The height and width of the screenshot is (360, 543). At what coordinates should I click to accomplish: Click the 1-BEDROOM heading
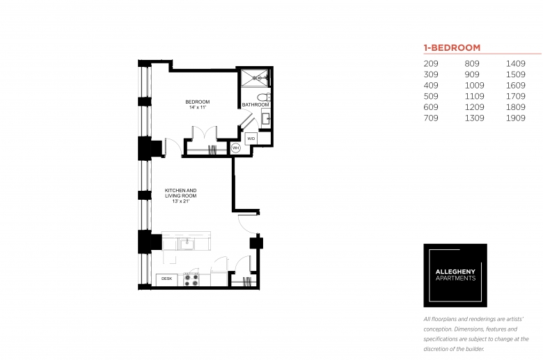pyautogui.click(x=452, y=47)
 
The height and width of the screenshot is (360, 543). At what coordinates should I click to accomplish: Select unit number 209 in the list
pyautogui.click(x=431, y=64)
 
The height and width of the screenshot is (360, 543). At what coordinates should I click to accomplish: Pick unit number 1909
pyautogui.click(x=516, y=118)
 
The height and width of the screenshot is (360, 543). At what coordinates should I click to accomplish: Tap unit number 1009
pyautogui.click(x=475, y=86)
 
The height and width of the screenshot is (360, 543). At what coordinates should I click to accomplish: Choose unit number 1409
pyautogui.click(x=516, y=64)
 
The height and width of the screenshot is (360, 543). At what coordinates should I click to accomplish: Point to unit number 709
pyautogui.click(x=431, y=118)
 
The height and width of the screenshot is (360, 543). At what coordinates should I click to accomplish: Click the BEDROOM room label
pyautogui.click(x=198, y=102)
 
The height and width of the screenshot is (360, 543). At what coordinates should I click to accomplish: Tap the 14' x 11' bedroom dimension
pyautogui.click(x=198, y=107)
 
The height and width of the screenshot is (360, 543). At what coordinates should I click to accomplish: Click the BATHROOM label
pyautogui.click(x=255, y=104)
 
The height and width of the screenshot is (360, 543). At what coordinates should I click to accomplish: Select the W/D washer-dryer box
pyautogui.click(x=251, y=139)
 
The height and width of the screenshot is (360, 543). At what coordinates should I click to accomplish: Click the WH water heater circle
pyautogui.click(x=235, y=148)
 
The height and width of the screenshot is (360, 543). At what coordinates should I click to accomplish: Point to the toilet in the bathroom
pyautogui.click(x=265, y=96)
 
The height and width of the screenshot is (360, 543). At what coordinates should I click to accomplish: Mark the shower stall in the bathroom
pyautogui.click(x=255, y=78)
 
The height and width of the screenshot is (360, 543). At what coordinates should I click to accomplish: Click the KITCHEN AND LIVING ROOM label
pyautogui.click(x=180, y=193)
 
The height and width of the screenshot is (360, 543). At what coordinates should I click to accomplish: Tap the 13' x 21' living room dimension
pyautogui.click(x=181, y=201)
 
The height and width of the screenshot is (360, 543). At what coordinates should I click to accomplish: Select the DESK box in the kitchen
pyautogui.click(x=166, y=279)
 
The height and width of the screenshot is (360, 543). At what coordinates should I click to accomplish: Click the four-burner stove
pyautogui.click(x=191, y=280)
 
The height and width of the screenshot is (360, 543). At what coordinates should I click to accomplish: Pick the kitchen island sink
pyautogui.click(x=187, y=244)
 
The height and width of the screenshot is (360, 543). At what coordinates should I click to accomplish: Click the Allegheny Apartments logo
pyautogui.click(x=455, y=276)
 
